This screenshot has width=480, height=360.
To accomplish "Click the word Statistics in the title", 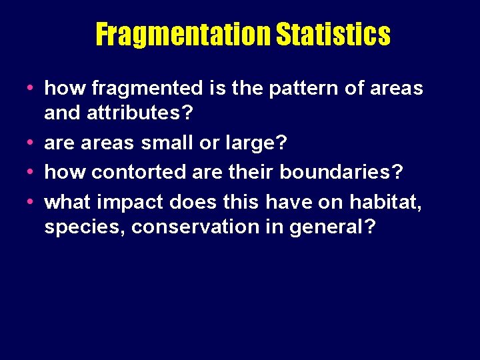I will (333, 34).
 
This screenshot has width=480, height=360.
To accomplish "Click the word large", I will (246, 143).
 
